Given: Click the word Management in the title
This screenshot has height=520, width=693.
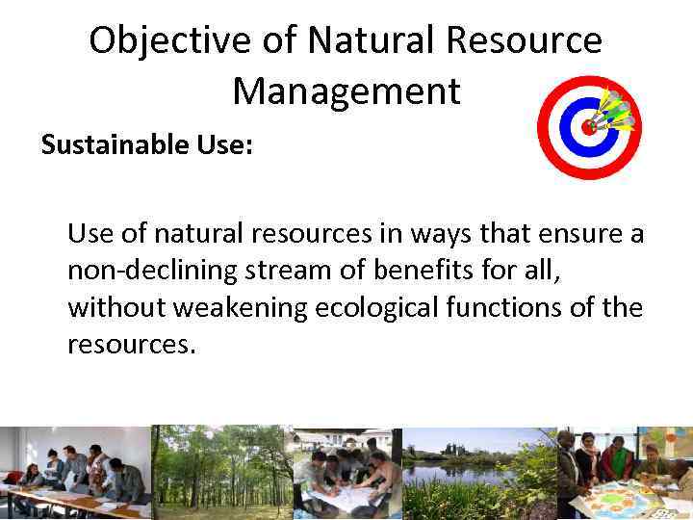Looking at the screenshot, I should tap(346, 91).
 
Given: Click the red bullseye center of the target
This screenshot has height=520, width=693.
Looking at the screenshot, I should tap(588, 126).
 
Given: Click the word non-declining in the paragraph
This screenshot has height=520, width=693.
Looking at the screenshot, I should tap(144, 271).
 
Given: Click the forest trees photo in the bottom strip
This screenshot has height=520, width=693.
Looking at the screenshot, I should tap(221, 473).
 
